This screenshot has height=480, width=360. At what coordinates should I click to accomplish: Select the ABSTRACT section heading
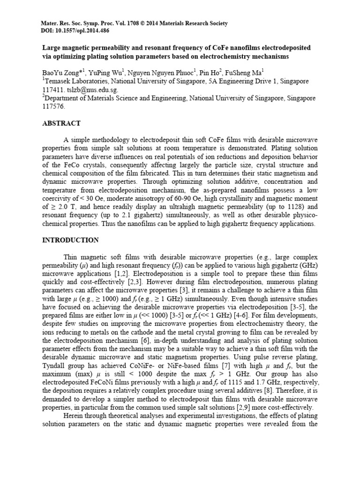pos(61,123)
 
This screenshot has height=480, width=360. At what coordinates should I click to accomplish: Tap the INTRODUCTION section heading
pos(71,240)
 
